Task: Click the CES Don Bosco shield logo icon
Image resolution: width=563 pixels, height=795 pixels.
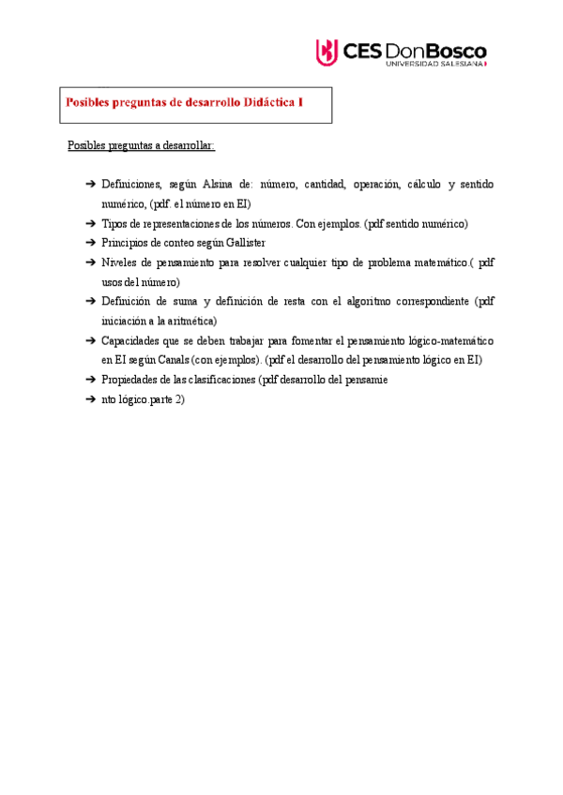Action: click(326, 52)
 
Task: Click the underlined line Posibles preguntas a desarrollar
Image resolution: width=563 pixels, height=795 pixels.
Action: click(141, 145)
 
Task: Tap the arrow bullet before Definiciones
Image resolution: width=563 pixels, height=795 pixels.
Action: click(89, 185)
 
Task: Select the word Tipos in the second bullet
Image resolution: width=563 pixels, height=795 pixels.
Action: click(115, 224)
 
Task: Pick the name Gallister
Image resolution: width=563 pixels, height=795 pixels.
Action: click(246, 244)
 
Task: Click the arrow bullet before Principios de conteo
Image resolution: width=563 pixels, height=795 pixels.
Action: click(89, 244)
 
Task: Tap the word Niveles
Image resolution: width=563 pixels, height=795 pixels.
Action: click(122, 263)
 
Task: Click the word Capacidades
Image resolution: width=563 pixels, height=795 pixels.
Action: click(130, 340)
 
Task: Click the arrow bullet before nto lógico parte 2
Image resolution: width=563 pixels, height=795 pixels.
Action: click(89, 398)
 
